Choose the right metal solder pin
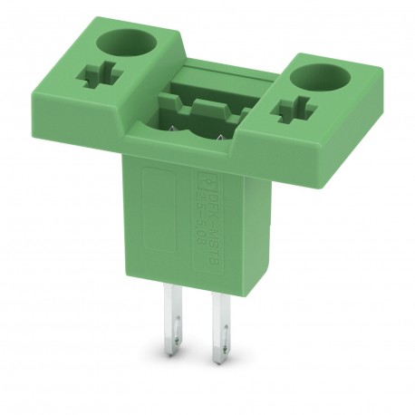tap(218, 326)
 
